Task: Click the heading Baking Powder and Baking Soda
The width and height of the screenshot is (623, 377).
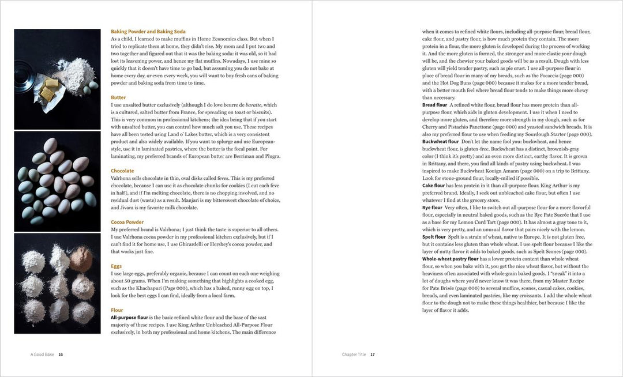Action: [x=148, y=31]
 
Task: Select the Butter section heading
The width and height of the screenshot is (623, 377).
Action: [x=118, y=98]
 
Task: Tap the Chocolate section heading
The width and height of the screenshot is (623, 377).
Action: [x=122, y=171]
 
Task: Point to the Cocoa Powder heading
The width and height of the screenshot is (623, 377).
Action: [x=127, y=222]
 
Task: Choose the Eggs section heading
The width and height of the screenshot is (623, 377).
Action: [x=117, y=266]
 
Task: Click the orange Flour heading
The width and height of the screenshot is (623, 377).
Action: [x=117, y=310]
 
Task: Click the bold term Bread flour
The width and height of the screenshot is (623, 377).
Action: [x=434, y=105]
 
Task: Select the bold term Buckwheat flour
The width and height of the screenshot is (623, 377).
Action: [x=440, y=142]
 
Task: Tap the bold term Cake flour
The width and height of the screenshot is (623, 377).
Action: [x=433, y=186]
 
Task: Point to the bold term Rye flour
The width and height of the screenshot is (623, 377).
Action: [x=432, y=208]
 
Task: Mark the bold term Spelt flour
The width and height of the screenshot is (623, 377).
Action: [x=434, y=237]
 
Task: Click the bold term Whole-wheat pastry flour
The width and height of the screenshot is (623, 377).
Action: [x=454, y=259]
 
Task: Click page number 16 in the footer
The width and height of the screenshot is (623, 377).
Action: [x=61, y=354]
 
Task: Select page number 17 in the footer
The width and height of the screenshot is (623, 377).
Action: [x=373, y=354]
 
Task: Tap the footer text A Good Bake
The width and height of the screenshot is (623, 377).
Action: [x=42, y=354]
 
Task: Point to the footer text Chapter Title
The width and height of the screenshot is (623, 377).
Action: [x=352, y=354]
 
